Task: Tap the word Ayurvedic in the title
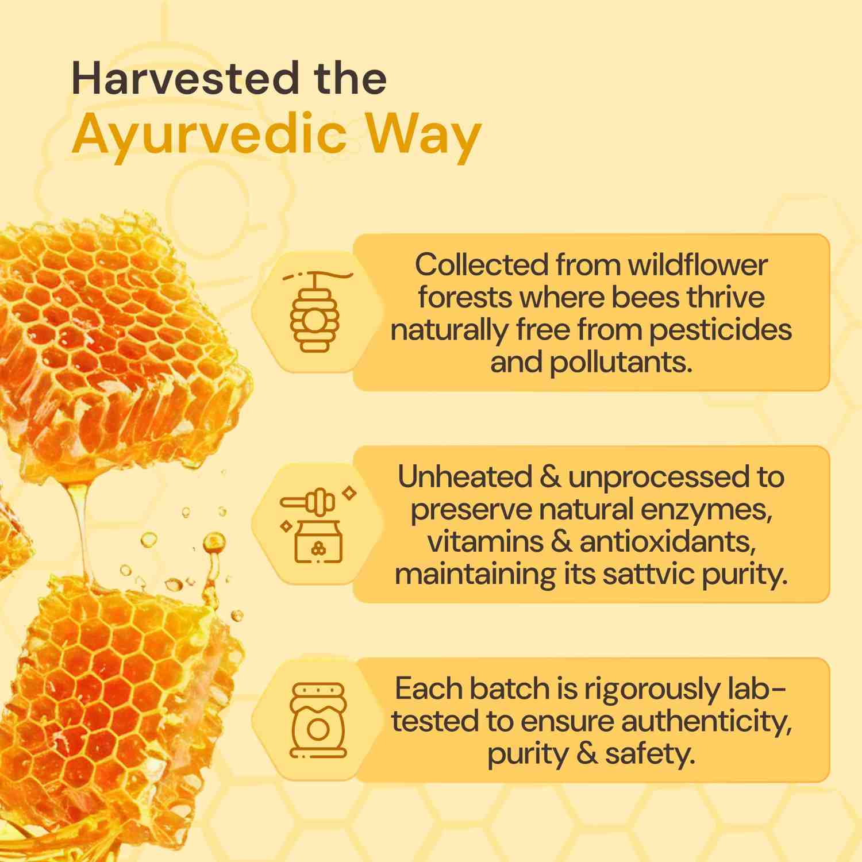tap(210, 136)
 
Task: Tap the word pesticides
tap(721, 330)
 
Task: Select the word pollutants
tap(621, 363)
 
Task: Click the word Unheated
tap(464, 477)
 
